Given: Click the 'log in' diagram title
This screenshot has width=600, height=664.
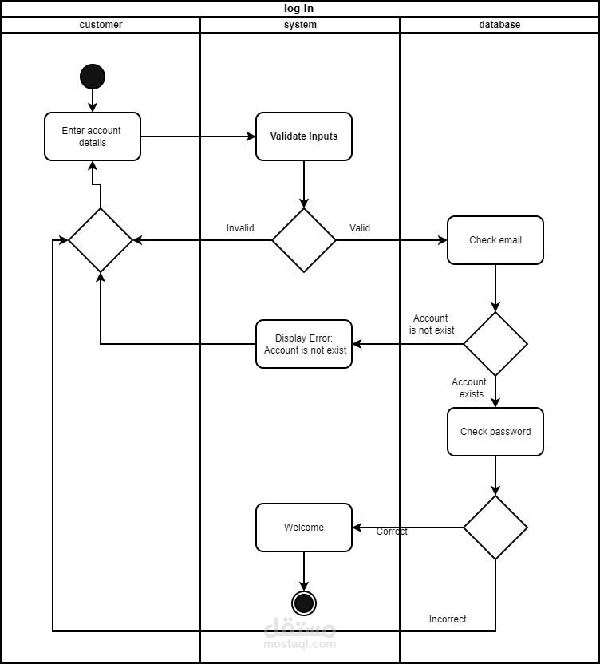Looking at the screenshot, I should (x=299, y=9).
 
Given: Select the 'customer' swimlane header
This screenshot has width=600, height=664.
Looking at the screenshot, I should (x=101, y=25).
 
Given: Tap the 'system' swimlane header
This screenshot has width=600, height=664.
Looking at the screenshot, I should (x=300, y=25).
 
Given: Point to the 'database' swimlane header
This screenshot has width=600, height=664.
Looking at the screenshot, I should (x=499, y=25).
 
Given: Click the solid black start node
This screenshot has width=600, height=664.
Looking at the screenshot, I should (x=93, y=77).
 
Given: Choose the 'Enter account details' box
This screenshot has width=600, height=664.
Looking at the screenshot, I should (x=93, y=136).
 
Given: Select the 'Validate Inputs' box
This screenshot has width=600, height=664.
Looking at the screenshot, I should (x=304, y=136).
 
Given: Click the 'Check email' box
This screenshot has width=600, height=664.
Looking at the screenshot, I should (x=495, y=240).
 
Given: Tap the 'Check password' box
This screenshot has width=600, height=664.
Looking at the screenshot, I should (x=495, y=432).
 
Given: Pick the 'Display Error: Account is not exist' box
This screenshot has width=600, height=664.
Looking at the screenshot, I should (x=304, y=344).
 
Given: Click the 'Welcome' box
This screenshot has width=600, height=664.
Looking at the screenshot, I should (x=304, y=528).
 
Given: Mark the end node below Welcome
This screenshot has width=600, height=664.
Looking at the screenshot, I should (x=304, y=603).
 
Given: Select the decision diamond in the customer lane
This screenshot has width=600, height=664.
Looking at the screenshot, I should (x=101, y=240).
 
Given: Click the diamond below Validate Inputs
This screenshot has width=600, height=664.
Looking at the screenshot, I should (x=304, y=240).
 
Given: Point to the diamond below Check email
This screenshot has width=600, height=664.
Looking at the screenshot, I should (x=495, y=344).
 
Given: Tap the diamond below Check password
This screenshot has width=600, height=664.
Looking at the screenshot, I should (x=495, y=528).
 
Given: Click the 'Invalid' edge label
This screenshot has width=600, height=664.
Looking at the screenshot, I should (x=240, y=228).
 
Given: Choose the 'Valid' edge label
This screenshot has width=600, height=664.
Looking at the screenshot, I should (x=360, y=228).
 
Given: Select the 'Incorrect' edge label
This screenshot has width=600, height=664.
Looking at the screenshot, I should (x=448, y=619).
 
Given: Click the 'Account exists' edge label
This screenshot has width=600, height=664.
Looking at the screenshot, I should (x=469, y=388).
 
